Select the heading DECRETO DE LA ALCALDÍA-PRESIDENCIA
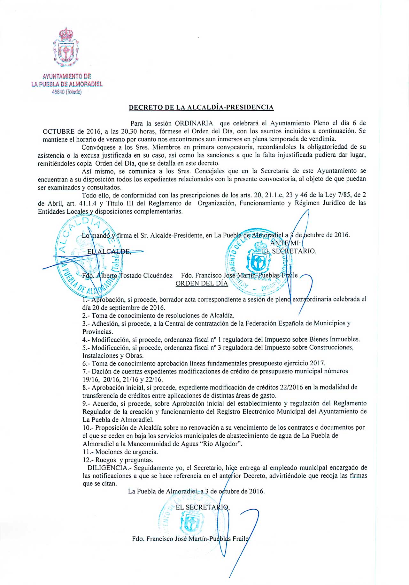[x=201, y=107]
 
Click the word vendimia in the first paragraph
[x=323, y=139]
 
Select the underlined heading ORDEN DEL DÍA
[x=202, y=284]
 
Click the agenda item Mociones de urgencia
[x=127, y=452]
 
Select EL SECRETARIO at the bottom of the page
[x=202, y=507]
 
